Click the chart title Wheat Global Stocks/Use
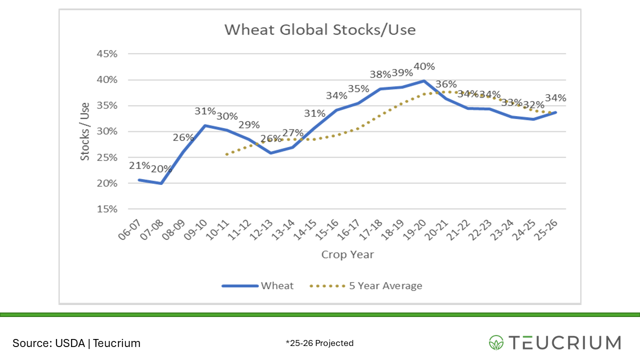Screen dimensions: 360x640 tap(320, 29)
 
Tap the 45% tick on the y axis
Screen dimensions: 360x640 tap(106, 54)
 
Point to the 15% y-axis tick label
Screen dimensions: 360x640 tap(106, 209)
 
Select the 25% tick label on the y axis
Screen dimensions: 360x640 tap(106, 157)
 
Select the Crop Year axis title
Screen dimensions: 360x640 tap(347, 254)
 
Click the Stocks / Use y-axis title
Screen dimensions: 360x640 tap(85, 131)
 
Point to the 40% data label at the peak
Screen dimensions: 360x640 tap(424, 66)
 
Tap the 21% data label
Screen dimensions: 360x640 tap(139, 165)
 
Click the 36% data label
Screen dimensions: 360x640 tap(446, 84)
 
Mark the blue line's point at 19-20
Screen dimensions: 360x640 tap(424, 80)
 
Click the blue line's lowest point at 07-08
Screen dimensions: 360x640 tap(160, 183)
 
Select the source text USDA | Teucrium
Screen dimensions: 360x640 tap(76, 343)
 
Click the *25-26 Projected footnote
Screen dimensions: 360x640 tap(319, 343)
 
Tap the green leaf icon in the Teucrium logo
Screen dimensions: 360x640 tap(496, 342)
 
